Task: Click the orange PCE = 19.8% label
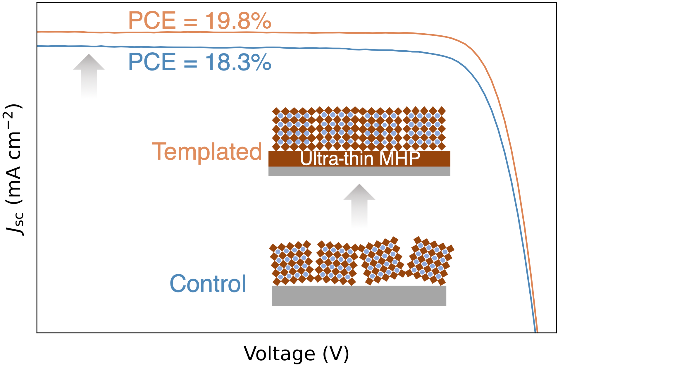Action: [200, 20]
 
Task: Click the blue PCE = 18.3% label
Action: [200, 62]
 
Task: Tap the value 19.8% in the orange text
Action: [238, 20]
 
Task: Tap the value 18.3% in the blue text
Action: [238, 62]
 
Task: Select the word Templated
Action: [207, 151]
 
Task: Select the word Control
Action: [208, 283]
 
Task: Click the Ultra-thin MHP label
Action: [360, 159]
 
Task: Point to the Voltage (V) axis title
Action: [296, 354]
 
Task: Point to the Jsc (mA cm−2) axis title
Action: [14, 170]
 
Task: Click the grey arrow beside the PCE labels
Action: [89, 75]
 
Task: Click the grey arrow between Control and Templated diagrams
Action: [359, 206]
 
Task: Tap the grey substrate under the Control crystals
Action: [359, 296]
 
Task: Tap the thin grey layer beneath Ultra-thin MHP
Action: [359, 171]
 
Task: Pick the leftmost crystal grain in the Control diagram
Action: [291, 263]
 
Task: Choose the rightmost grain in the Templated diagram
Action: [424, 129]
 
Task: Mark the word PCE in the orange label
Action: [152, 20]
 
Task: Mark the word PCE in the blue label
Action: [152, 62]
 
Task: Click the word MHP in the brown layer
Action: [399, 159]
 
